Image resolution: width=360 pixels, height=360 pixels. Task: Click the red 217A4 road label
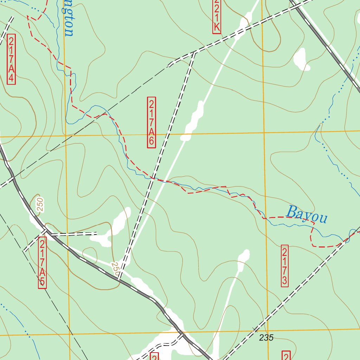(11, 59)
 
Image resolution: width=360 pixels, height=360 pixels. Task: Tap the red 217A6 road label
(151, 122)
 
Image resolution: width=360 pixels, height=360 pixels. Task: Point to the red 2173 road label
(285, 266)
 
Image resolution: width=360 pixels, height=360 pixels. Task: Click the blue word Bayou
(307, 214)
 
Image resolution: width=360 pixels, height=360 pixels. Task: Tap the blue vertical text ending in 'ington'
(69, 18)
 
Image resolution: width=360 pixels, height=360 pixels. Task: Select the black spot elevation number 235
(266, 338)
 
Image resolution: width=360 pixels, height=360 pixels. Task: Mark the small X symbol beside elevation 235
(255, 329)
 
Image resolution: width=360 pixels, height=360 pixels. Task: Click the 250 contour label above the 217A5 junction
(40, 204)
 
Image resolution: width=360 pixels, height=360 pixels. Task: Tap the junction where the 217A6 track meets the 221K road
(194, 53)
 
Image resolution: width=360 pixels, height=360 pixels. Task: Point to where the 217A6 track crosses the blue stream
(152, 178)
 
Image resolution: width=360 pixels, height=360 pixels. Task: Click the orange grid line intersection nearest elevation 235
(268, 331)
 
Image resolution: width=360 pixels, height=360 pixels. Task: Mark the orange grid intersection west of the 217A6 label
(65, 135)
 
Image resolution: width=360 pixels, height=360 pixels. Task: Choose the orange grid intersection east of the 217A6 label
(264, 133)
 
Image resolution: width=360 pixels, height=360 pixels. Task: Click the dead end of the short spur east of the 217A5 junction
(97, 233)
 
